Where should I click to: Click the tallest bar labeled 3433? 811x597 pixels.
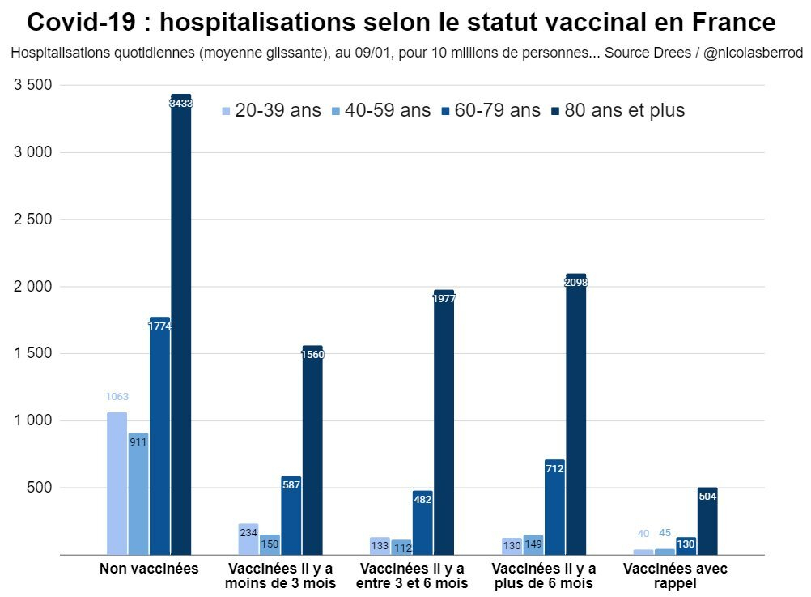click(x=180, y=324)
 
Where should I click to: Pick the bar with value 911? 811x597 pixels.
click(x=138, y=494)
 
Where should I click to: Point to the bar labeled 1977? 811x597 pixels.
click(x=444, y=422)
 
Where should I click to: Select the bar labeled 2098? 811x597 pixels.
click(x=575, y=414)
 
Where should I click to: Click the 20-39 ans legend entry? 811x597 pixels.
click(x=271, y=111)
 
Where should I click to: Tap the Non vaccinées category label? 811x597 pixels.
click(x=149, y=569)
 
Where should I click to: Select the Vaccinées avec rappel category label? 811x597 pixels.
click(x=675, y=575)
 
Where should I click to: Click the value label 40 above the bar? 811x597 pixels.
click(x=643, y=534)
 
